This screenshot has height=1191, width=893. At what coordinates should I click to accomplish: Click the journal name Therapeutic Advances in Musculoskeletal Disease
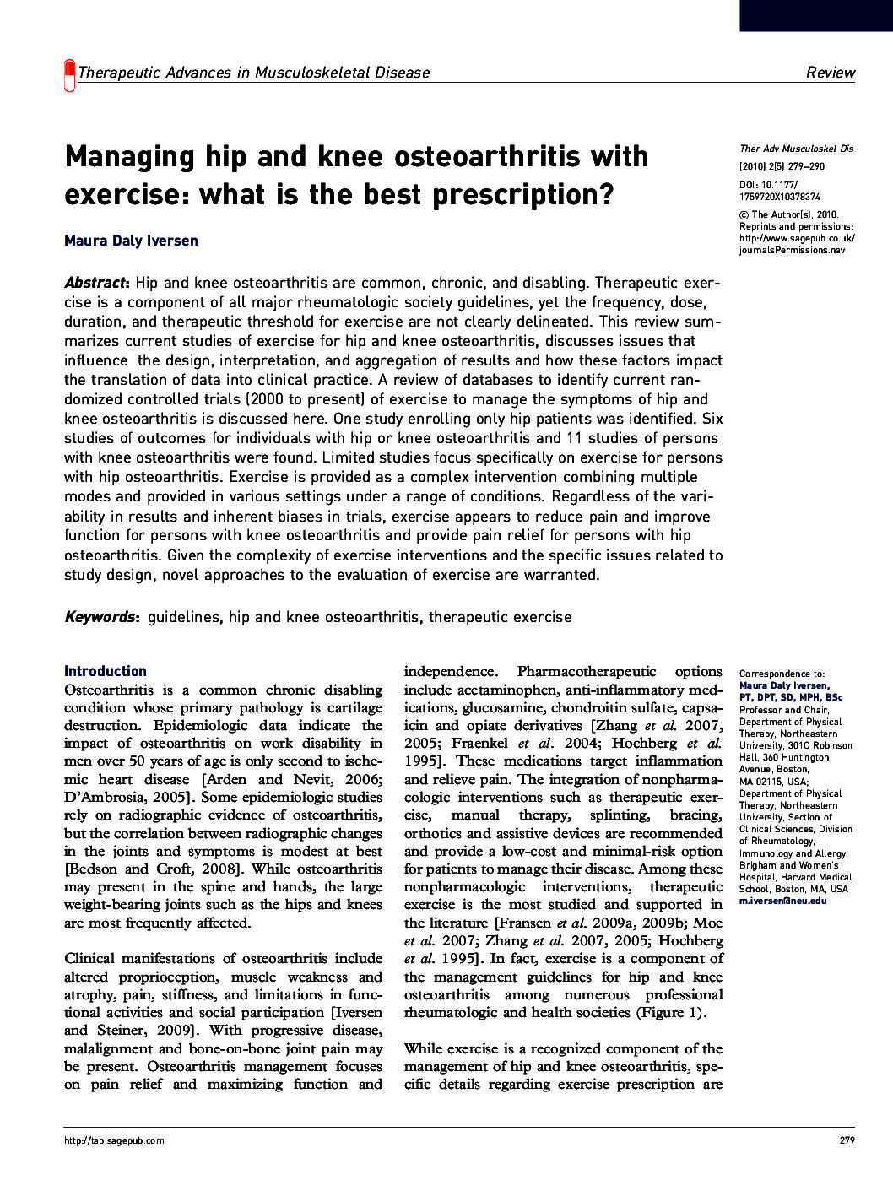tap(253, 73)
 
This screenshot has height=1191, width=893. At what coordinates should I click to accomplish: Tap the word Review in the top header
tap(830, 73)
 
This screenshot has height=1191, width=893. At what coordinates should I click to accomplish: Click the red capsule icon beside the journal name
tap(69, 76)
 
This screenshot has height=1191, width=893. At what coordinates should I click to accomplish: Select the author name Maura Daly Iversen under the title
tap(131, 241)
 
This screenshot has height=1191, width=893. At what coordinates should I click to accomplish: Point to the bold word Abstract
tap(95, 283)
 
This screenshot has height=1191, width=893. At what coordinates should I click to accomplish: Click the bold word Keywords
tap(100, 617)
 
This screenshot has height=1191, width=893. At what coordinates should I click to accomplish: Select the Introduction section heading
tap(106, 671)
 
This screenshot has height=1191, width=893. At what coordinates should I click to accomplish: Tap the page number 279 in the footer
tap(847, 1140)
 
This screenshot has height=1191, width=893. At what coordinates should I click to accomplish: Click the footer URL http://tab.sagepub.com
tap(114, 1140)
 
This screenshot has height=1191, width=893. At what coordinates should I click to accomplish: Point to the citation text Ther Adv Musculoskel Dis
tap(796, 149)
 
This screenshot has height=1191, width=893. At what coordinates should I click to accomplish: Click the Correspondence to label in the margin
tap(782, 674)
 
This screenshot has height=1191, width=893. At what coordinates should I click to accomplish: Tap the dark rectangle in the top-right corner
tap(815, 15)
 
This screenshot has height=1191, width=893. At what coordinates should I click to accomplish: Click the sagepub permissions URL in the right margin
tap(796, 245)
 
